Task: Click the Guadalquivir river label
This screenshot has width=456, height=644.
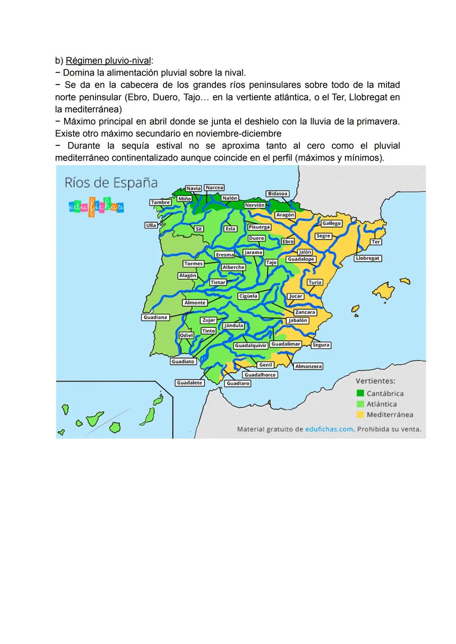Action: [x=251, y=345]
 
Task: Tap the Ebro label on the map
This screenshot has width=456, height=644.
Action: [x=288, y=242]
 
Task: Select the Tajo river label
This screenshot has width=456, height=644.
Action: [x=271, y=263]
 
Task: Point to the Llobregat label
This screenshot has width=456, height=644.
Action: [x=367, y=258]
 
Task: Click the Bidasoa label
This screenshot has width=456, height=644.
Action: [x=277, y=193]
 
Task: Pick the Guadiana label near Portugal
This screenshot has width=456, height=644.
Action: [x=155, y=317]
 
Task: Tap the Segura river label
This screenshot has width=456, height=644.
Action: [x=321, y=345]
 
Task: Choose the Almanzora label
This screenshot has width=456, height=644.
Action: [x=308, y=366]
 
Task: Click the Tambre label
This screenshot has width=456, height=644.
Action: [x=160, y=202]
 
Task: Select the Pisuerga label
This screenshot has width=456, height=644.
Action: [x=259, y=227]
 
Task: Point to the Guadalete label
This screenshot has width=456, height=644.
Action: [x=190, y=383]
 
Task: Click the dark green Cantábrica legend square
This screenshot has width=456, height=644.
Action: [x=360, y=394]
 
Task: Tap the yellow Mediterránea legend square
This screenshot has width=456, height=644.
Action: [x=360, y=415]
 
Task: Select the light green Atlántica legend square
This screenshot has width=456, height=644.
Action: [x=360, y=404]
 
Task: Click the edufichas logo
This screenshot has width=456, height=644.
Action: [x=96, y=207]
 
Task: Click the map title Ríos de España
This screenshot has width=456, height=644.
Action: [x=111, y=183]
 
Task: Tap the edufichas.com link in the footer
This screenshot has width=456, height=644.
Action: [x=329, y=429]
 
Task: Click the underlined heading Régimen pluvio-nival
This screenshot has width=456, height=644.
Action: [x=108, y=61]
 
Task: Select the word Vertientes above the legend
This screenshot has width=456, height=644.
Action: [x=375, y=381]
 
